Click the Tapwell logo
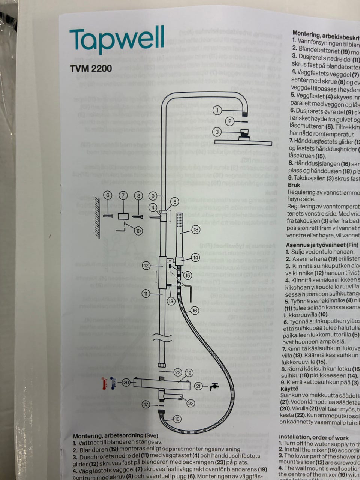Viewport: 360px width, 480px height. (x=117, y=40)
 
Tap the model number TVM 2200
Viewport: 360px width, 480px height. (x=90, y=69)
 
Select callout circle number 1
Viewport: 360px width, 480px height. (x=217, y=110)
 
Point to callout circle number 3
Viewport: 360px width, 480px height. (x=217, y=132)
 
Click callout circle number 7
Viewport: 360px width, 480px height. (x=123, y=195)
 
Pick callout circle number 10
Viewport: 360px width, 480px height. (x=138, y=231)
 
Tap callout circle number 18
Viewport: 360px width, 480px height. (x=196, y=229)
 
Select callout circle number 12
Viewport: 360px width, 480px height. (x=146, y=265)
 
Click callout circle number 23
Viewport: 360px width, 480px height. (x=178, y=372)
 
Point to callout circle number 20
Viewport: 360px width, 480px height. (x=126, y=382)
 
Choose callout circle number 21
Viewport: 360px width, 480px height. (x=198, y=386)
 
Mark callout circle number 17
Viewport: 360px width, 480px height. (x=146, y=404)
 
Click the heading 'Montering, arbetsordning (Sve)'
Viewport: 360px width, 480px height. (x=115, y=436)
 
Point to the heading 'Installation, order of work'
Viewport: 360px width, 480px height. (x=313, y=437)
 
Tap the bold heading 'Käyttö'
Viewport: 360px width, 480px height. (x=289, y=389)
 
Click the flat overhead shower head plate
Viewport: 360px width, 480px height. (x=243, y=142)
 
